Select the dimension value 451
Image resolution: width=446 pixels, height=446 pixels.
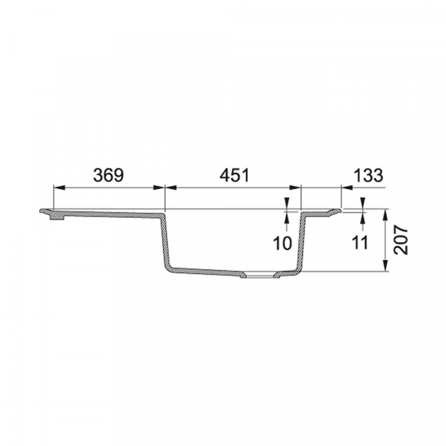pyautogui.click(x=233, y=175)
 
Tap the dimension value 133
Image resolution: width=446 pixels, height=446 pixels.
pyautogui.click(x=368, y=175)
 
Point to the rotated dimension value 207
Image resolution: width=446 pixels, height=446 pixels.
pyautogui.click(x=403, y=240)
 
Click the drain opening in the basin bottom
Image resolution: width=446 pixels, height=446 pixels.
pyautogui.click(x=259, y=275)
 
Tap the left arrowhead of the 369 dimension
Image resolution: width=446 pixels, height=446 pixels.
pyautogui.click(x=58, y=187)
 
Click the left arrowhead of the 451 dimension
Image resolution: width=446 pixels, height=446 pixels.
pyautogui.click(x=169, y=187)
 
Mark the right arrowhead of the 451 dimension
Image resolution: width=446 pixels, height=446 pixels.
pyautogui.click(x=297, y=187)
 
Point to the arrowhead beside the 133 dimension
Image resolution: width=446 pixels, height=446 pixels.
pyautogui.click(x=346, y=187)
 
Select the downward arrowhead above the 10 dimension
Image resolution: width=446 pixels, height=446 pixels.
pyautogui.click(x=286, y=205)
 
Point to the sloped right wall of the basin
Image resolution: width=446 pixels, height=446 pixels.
pyautogui.click(x=302, y=244)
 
